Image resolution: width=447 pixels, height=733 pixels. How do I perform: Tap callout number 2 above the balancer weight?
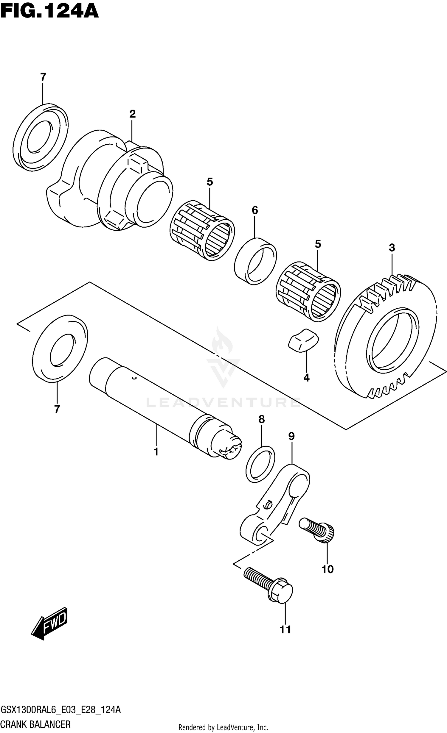[x=132, y=114]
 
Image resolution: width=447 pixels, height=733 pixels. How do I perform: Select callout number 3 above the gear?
[x=392, y=248]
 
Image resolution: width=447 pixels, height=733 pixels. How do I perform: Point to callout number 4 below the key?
[x=306, y=378]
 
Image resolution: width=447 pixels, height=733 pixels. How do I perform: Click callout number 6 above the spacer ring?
[x=254, y=210]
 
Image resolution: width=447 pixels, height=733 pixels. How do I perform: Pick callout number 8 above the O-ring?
[x=261, y=420]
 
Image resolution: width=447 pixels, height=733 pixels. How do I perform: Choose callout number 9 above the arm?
[x=291, y=437]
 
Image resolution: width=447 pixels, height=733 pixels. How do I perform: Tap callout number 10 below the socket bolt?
[x=328, y=569]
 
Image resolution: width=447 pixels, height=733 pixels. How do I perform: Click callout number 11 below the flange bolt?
[x=285, y=630]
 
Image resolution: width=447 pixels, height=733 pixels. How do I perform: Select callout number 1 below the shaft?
[x=156, y=452]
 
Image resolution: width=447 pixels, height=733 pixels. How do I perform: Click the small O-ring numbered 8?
[x=260, y=464]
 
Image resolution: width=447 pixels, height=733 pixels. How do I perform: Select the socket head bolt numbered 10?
[x=317, y=530]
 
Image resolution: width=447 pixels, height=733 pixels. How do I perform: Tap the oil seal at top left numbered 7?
[x=41, y=137]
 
